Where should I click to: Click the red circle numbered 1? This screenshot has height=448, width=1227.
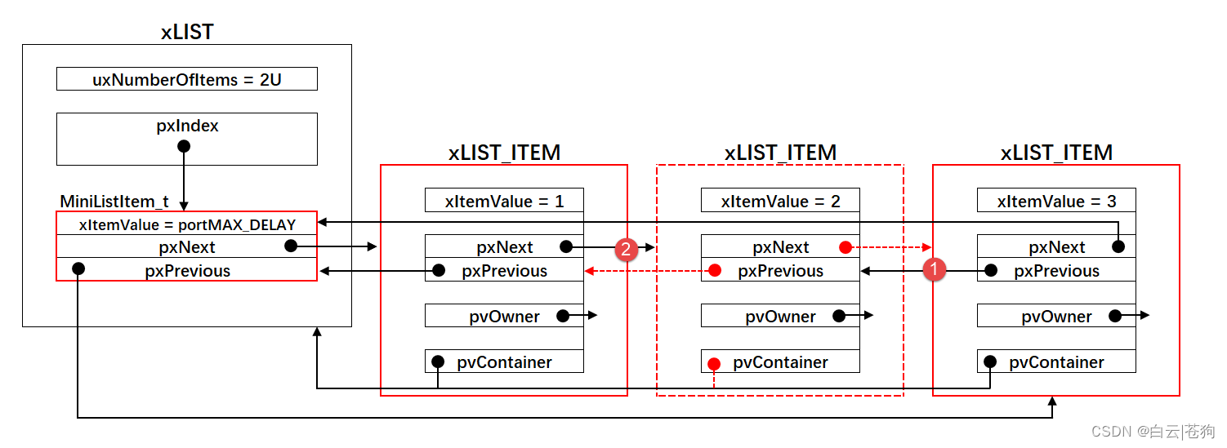[x=935, y=269]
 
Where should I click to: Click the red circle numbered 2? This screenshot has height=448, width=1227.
[x=626, y=249]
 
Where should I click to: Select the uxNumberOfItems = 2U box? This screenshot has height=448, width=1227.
[x=187, y=79]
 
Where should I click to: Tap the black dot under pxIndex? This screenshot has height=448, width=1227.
[x=184, y=146]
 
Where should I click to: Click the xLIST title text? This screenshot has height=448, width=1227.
[x=187, y=32]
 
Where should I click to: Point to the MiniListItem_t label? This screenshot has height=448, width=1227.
[x=114, y=202]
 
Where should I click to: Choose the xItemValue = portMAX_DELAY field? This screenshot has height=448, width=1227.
[x=187, y=224]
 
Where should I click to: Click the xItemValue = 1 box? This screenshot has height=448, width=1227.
[x=505, y=200]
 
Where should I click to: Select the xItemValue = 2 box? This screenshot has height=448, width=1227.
[x=781, y=200]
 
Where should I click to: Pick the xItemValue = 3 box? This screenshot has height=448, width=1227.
[x=1056, y=200]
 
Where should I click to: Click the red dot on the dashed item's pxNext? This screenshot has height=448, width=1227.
[x=846, y=247]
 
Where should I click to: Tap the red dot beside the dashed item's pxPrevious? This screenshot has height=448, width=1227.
[x=715, y=270]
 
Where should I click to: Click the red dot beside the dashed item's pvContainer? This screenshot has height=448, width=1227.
[x=714, y=364]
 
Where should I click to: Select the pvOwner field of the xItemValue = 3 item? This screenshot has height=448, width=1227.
[x=1056, y=316]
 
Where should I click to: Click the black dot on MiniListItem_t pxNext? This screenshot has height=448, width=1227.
[x=292, y=246]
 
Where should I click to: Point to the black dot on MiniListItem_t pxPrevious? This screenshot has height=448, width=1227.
[x=78, y=268]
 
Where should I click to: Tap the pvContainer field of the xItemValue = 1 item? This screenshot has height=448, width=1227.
[x=505, y=361]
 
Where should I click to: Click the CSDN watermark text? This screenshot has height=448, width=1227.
[x=1153, y=432]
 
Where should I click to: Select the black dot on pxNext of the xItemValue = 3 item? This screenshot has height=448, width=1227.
[x=1118, y=246]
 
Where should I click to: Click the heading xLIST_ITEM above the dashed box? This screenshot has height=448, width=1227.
[x=781, y=153]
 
